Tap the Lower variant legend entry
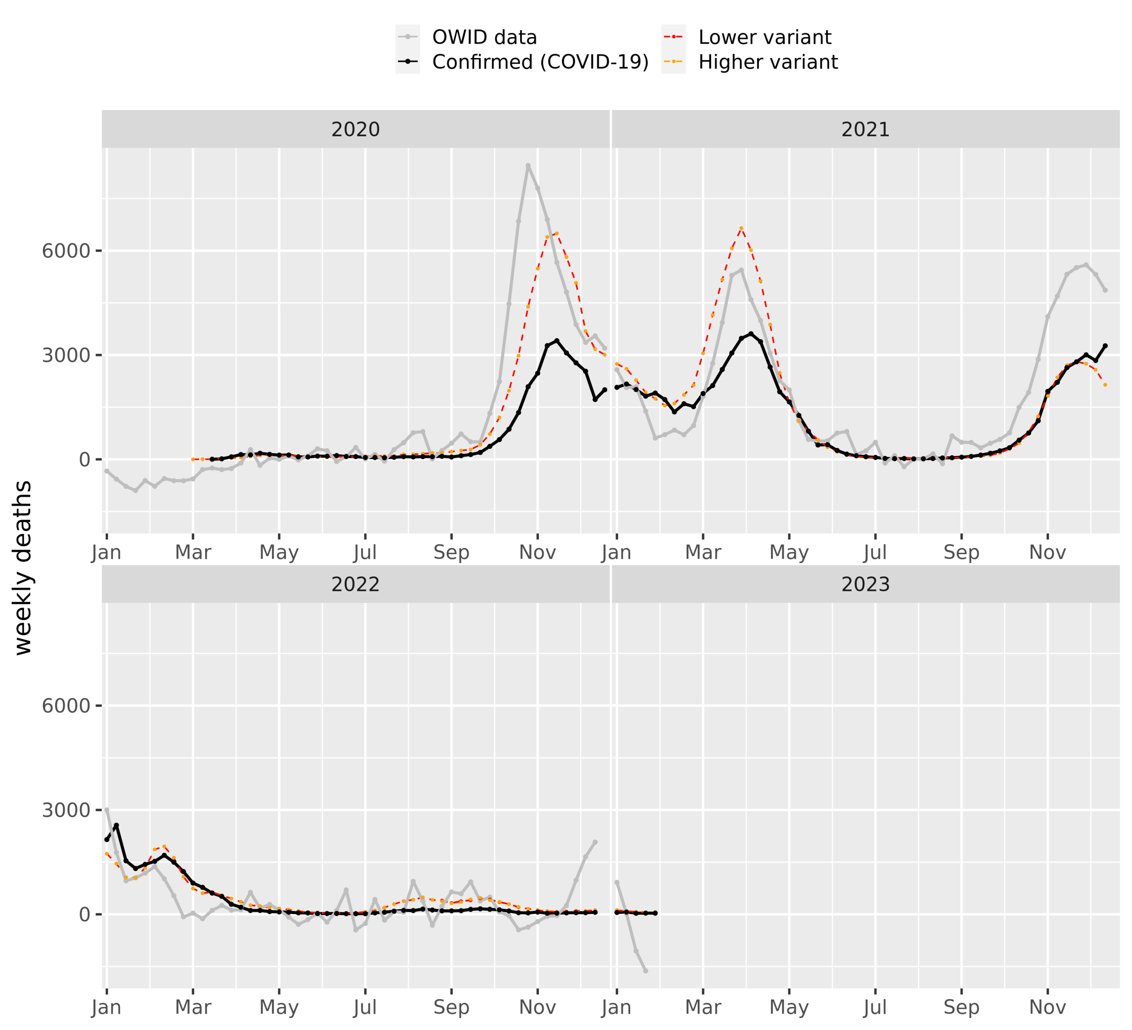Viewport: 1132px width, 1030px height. pos(764,38)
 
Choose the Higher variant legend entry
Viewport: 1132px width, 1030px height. pos(768,62)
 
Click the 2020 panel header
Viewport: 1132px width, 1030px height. pos(356,130)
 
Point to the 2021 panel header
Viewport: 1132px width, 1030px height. pos(865,130)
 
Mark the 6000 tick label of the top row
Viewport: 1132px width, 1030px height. pos(66,251)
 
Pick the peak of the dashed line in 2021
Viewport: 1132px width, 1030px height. pos(741,228)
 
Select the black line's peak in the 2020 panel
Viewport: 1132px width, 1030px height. pos(556,340)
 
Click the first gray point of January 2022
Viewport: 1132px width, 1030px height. pos(107,810)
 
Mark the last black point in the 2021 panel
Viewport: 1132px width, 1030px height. pos(1105,346)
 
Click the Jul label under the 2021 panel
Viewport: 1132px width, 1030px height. pos(875,553)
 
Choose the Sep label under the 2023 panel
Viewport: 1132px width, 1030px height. pos(961,1007)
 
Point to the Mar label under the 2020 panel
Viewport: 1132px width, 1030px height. pos(193,553)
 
